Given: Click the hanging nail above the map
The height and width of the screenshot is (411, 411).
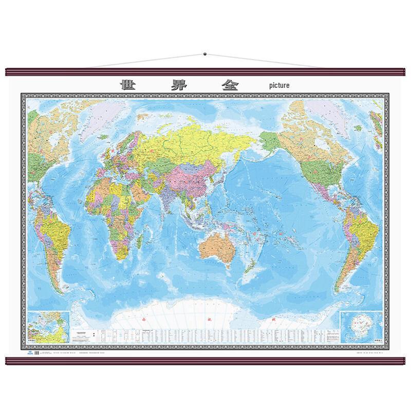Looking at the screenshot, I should [x=205, y=53].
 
